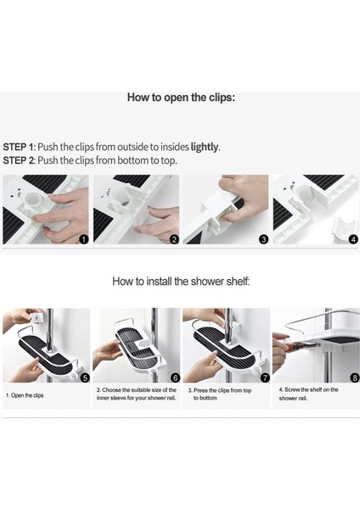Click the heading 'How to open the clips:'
(181, 98)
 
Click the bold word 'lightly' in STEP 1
(204, 147)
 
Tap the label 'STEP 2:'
(20, 160)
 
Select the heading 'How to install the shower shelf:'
(181, 281)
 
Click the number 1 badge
(84, 239)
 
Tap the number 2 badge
(174, 239)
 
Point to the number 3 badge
(263, 239)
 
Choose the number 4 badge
(353, 239)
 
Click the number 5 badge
(85, 378)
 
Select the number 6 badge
(175, 378)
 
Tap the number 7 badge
(265, 378)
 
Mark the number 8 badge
(354, 378)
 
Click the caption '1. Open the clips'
(25, 395)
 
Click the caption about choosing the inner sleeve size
(137, 394)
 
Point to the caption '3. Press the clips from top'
(220, 390)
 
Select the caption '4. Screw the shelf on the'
(308, 389)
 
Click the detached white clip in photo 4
(345, 229)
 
